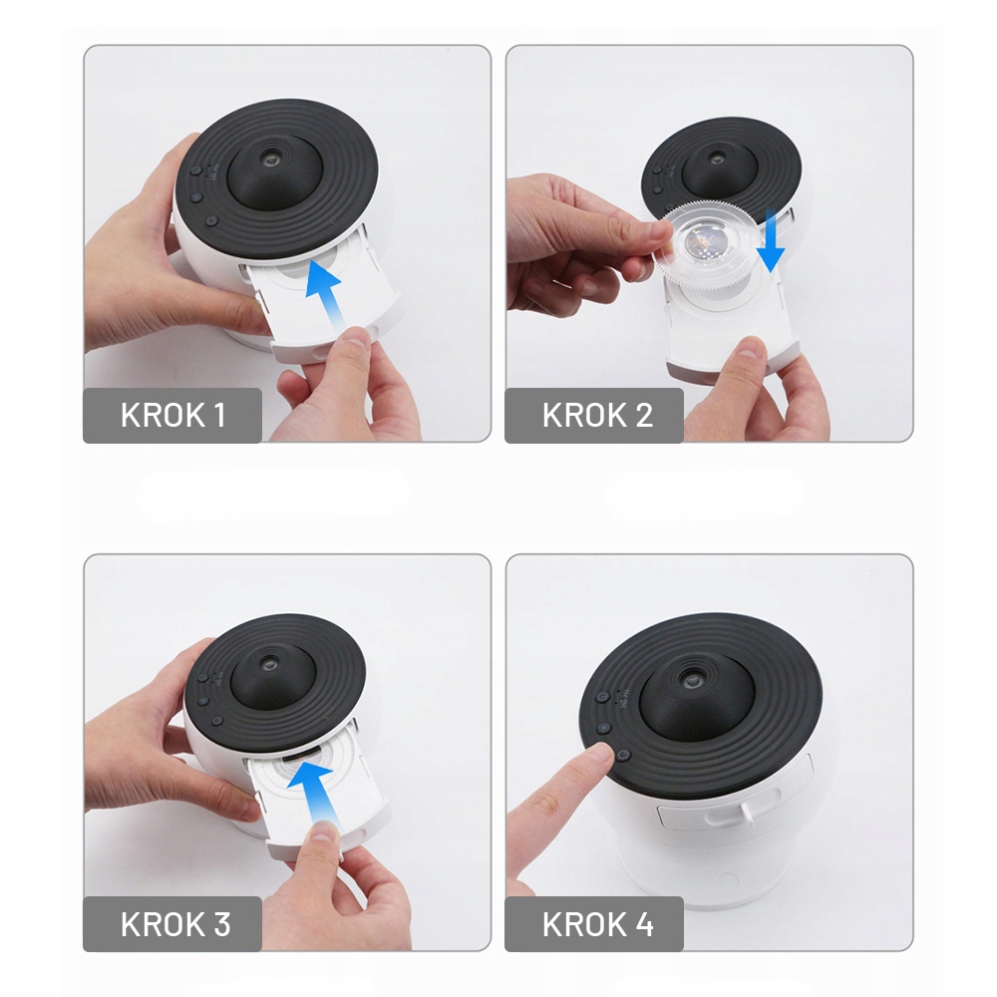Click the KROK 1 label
(x=172, y=415)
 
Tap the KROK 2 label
(x=597, y=415)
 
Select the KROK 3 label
(x=175, y=924)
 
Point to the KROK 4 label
(x=597, y=924)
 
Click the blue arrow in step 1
(x=327, y=295)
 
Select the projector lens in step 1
(x=272, y=160)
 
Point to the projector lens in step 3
(x=270, y=665)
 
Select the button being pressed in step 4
(x=622, y=756)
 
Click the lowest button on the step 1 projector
(x=211, y=221)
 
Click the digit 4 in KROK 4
(x=645, y=924)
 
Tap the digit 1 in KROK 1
(x=220, y=415)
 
